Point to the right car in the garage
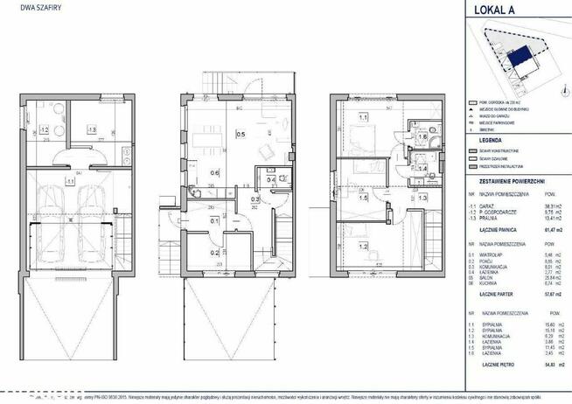[94, 218]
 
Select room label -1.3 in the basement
[91, 134]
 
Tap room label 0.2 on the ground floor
[215, 254]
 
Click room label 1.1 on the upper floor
[360, 115]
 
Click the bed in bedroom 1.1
[360, 137]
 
